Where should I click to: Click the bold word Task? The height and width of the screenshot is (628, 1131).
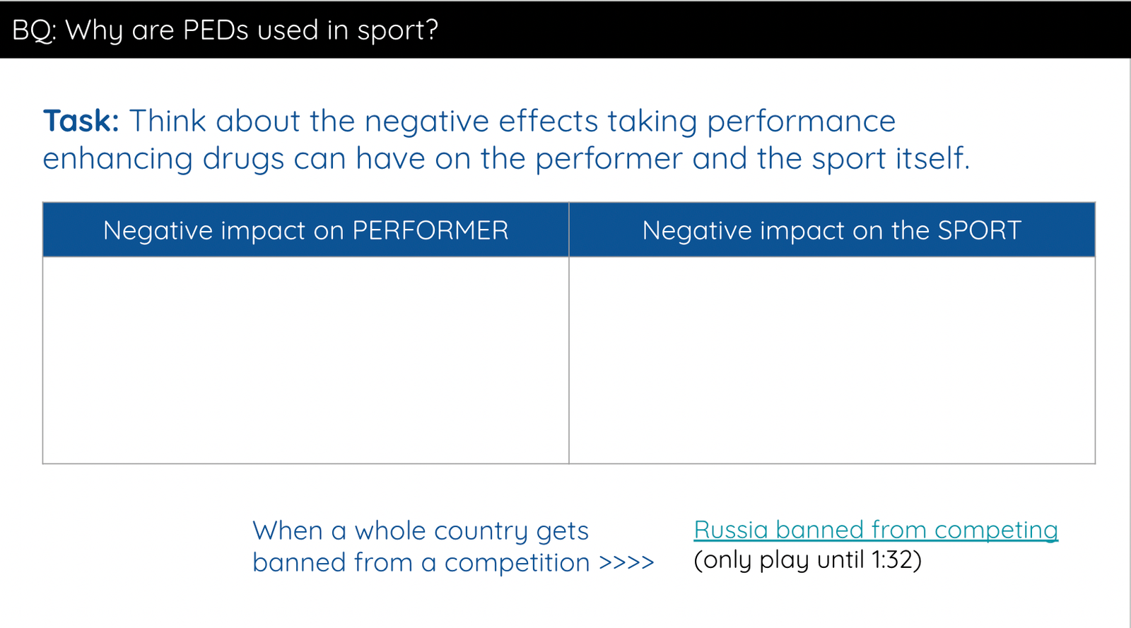[x=81, y=121]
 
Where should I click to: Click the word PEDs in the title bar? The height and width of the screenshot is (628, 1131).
[x=216, y=30]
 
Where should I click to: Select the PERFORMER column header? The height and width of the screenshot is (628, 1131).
[x=305, y=230]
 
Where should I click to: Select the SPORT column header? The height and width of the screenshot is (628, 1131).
[x=832, y=230]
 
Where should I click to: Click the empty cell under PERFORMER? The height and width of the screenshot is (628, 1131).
[x=305, y=360]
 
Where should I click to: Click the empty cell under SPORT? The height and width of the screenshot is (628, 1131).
[x=832, y=360]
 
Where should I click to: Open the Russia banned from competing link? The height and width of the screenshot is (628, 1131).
[x=876, y=531]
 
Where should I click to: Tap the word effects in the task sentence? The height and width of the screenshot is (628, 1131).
[x=548, y=121]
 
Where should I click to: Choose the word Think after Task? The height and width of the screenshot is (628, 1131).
[x=168, y=121]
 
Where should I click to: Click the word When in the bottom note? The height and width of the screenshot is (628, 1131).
[x=287, y=531]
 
